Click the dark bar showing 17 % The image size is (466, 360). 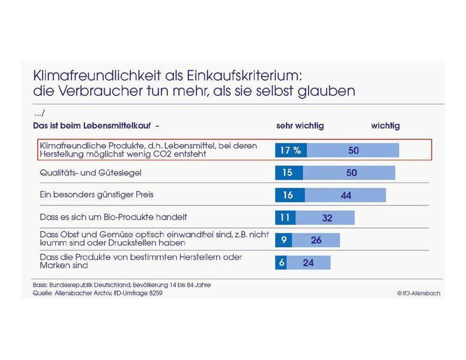[x=291, y=150]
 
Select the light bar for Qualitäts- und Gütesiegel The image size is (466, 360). [x=349, y=173]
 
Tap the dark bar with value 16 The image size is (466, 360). [x=290, y=195]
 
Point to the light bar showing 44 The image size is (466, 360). [x=345, y=195]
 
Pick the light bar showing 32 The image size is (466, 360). [x=325, y=218]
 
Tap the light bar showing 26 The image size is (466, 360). [x=316, y=240]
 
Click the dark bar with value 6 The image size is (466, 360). [x=281, y=262]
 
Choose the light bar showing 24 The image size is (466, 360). [x=308, y=262]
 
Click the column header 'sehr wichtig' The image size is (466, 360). [x=300, y=126]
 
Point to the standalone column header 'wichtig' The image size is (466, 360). [x=385, y=126]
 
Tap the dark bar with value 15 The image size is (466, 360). [x=289, y=173]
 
